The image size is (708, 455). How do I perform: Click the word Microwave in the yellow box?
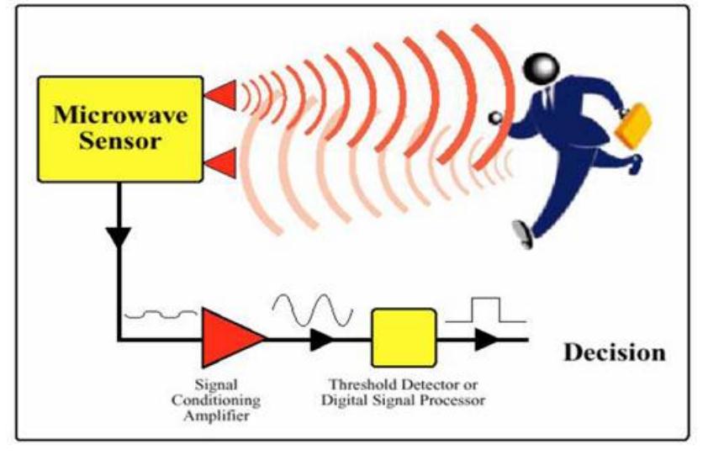[x=120, y=114]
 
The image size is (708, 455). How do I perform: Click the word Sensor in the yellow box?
[x=120, y=140]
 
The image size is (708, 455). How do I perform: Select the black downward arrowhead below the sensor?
[x=119, y=237]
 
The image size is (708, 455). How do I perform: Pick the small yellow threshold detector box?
[x=404, y=338]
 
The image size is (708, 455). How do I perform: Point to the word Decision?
[x=615, y=352]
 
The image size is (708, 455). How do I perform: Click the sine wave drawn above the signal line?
[x=312, y=310]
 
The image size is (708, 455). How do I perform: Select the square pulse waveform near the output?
[x=485, y=310]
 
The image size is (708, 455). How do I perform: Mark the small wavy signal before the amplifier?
[x=161, y=314]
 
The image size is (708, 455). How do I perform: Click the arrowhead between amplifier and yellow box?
[x=322, y=339]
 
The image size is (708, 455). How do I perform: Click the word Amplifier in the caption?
[x=216, y=415]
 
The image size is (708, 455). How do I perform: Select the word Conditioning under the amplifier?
[x=216, y=401]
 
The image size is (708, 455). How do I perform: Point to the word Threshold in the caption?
[x=362, y=384]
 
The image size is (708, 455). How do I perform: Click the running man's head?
[x=541, y=69]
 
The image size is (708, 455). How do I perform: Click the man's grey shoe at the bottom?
[x=522, y=234]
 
